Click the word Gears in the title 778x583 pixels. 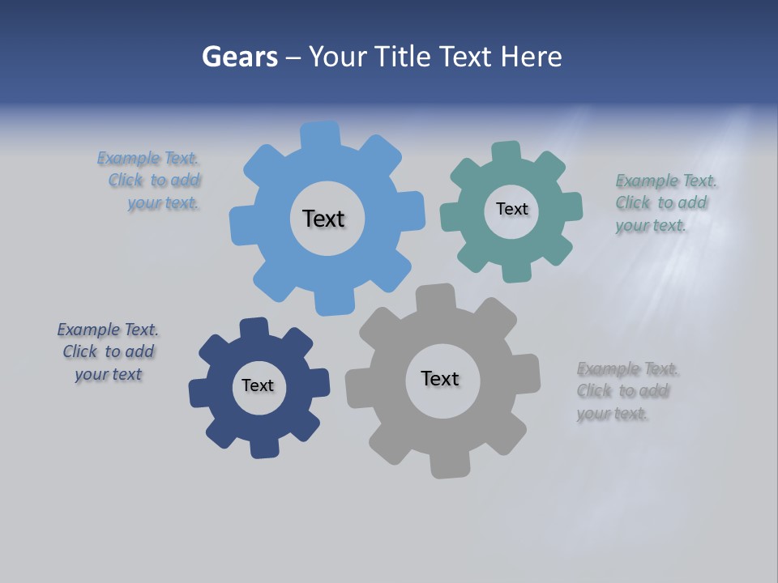point(239,57)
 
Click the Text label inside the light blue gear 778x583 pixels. point(323,219)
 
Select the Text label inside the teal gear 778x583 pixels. point(511,209)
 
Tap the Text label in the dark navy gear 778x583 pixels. point(258,385)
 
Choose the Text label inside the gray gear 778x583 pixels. point(440,378)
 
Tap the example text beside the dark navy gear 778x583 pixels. point(108,351)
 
